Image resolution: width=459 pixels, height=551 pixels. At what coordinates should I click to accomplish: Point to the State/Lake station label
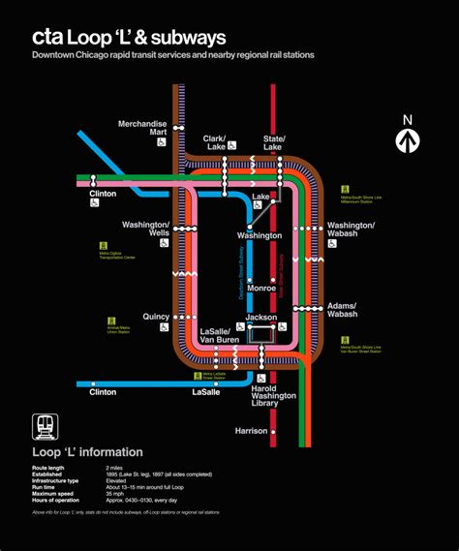pos(275,142)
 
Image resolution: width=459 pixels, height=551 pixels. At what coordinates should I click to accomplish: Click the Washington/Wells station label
pos(146,229)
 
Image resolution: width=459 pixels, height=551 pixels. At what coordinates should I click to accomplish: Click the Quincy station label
pos(155,316)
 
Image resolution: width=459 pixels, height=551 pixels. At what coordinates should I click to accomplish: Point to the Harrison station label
pos(251,431)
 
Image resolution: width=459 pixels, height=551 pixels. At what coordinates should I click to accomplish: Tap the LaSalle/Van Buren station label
pos(220,336)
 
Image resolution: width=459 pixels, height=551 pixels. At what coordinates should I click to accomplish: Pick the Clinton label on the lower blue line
pos(103,392)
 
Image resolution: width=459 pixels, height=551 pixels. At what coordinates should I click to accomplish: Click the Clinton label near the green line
pos(103,194)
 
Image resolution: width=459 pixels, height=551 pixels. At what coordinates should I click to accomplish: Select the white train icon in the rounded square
pos(45,427)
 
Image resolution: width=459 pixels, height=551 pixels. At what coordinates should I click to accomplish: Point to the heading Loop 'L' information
pos(87,452)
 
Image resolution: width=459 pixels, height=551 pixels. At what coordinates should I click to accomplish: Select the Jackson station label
pos(261,317)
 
